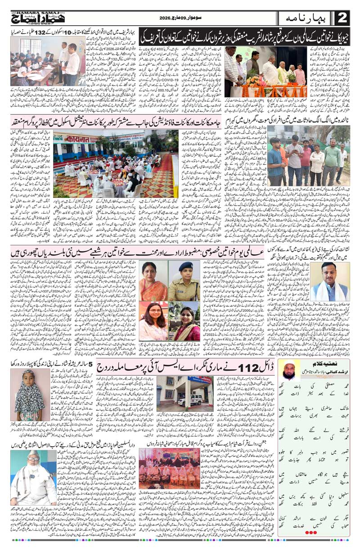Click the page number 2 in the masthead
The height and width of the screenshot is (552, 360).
(x=342, y=18)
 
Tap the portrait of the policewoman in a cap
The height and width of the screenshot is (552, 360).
(x=184, y=281)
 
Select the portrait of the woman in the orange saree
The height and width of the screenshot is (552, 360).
(x=154, y=281)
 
